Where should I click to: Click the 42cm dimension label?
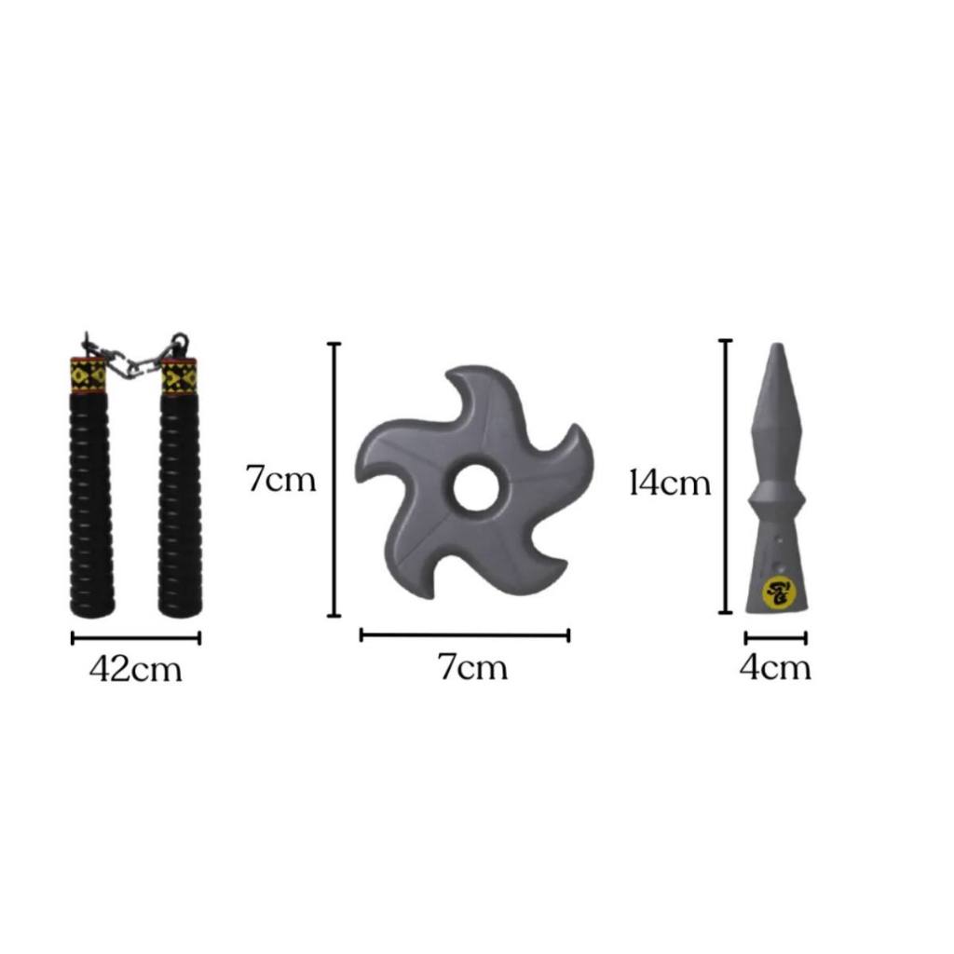click(136, 669)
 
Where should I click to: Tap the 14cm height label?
click(670, 484)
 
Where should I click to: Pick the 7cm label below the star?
click(472, 667)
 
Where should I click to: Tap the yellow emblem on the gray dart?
click(776, 592)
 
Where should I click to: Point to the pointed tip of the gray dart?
click(776, 345)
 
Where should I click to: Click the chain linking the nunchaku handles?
click(135, 357)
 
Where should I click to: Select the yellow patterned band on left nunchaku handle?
click(89, 375)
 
